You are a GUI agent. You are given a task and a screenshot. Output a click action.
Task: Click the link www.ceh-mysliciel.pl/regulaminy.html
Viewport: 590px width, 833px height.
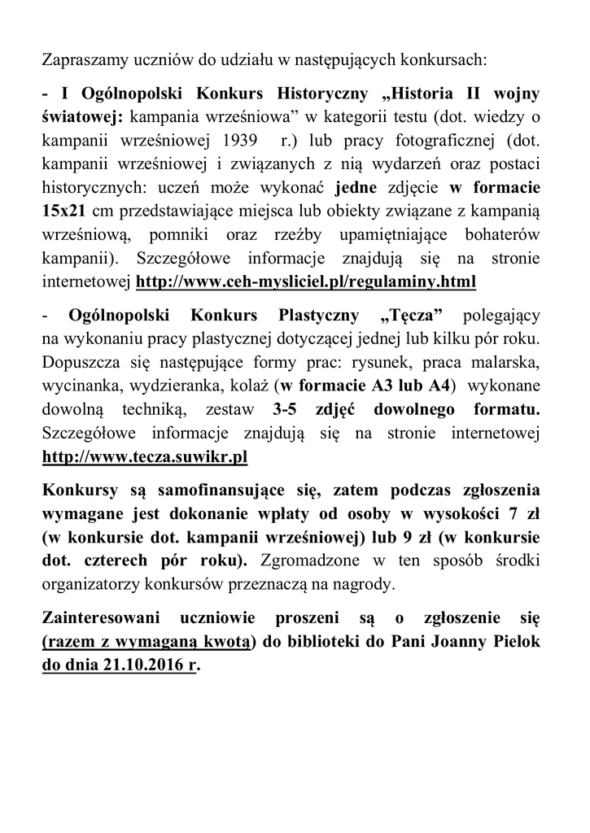[305, 281]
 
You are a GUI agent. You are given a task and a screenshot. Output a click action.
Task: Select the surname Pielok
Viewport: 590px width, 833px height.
[515, 643]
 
